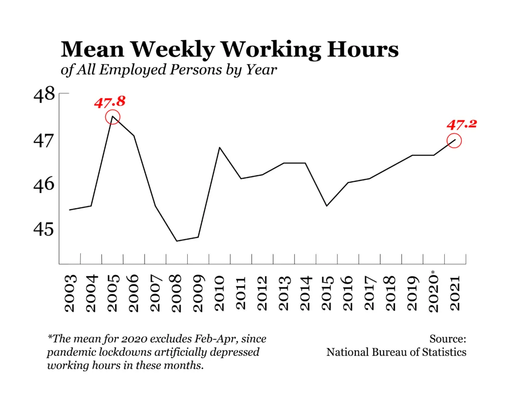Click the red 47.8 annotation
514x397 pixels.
pos(109,102)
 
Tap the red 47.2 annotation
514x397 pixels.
pos(460,124)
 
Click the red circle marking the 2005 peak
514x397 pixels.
pos(112,117)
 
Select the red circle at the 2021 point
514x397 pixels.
pos(454,141)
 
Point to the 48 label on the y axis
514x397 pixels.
pos(44,94)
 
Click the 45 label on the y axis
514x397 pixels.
pos(44,229)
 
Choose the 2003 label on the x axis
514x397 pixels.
pos(70,293)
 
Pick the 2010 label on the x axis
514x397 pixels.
pos(219,293)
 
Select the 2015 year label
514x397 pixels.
pos(326,293)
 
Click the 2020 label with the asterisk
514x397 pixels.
pos(434,291)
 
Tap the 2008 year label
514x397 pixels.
pos(177,293)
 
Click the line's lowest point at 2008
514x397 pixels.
pos(177,241)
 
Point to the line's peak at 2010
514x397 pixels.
pos(219,147)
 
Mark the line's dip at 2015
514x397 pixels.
pos(326,206)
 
